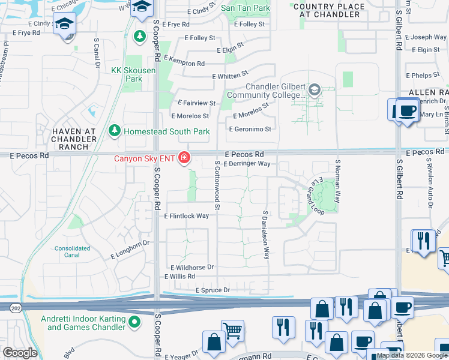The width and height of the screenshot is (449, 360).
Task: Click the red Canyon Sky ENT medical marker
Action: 184,158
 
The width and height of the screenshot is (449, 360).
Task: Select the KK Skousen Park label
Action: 133,74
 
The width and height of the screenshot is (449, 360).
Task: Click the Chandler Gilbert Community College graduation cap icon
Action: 313,91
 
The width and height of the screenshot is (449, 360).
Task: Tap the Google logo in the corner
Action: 20,352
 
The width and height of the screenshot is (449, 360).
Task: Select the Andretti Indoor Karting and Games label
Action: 86,323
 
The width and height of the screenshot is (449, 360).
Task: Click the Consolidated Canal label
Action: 73,251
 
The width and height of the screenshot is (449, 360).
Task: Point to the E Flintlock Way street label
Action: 187,216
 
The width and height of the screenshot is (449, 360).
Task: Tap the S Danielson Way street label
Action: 265,235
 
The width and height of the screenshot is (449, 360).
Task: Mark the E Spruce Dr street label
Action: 212,290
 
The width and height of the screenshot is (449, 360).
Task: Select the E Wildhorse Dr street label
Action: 192,267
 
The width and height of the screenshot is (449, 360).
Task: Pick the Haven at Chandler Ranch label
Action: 74,139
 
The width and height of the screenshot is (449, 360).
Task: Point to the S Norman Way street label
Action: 338,179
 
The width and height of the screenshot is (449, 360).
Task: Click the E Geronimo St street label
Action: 250,129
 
